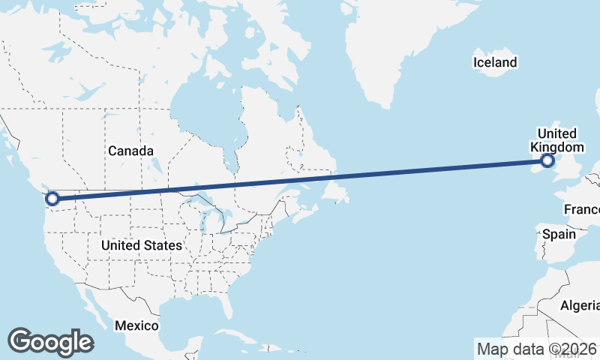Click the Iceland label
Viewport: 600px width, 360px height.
[x=495, y=62]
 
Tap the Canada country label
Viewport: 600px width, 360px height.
[x=130, y=151]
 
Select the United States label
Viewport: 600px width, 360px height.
[x=141, y=245]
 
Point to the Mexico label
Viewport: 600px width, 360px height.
[x=136, y=325]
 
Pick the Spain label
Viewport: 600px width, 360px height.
[x=559, y=234]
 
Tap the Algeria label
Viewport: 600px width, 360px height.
[x=580, y=305]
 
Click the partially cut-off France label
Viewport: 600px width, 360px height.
[x=581, y=208]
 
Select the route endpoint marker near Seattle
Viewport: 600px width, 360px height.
[x=52, y=199]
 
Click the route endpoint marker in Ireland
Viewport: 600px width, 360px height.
[x=547, y=160]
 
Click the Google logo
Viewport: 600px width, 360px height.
[x=50, y=342]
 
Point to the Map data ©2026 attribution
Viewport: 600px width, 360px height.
[x=536, y=349]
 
